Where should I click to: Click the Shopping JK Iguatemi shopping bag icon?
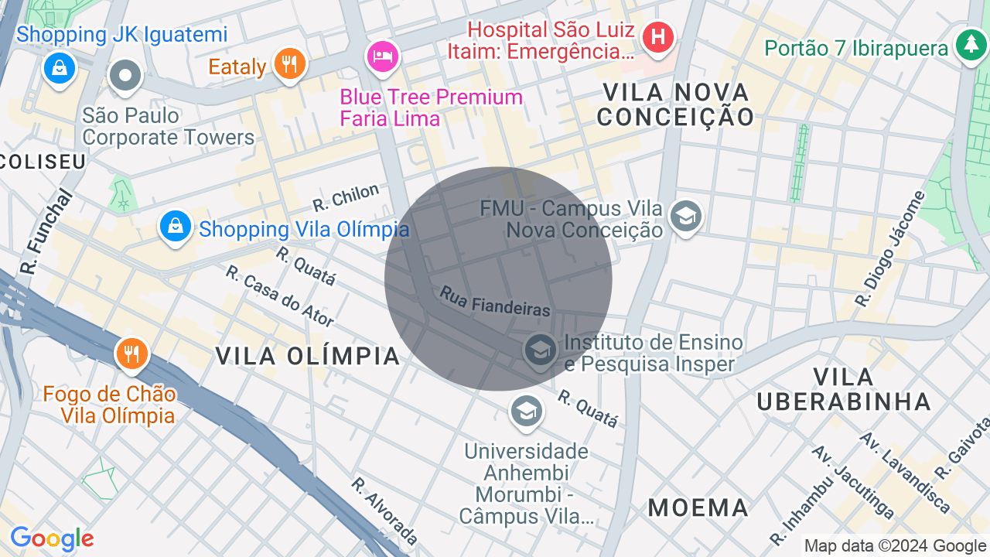coord(59,67)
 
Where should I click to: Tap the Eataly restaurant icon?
coord(290,63)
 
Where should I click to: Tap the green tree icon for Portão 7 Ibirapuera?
coord(970,44)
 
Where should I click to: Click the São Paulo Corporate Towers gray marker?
coord(125,76)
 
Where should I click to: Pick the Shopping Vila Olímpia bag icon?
coord(176,226)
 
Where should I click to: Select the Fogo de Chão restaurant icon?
coord(132,354)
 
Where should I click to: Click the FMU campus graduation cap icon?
coord(685,217)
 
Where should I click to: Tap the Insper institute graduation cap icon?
coord(541,350)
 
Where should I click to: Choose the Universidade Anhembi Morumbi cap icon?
coord(527,411)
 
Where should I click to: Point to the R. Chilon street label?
coord(346,197)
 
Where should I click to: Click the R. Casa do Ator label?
coord(280,296)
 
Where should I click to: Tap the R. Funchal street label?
coord(46,232)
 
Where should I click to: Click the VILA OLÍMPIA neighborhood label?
coord(308,356)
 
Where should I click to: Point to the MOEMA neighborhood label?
coord(698,507)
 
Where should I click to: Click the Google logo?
coord(52,538)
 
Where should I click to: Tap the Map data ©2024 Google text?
coord(895,546)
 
